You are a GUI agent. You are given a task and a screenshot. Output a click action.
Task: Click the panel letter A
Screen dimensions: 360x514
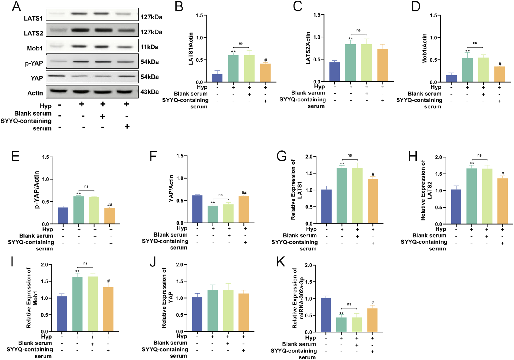coord(16,6)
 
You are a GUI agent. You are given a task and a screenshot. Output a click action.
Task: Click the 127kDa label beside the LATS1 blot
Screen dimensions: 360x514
coord(151,17)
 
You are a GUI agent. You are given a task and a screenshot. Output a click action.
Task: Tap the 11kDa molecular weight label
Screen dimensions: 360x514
coord(149,47)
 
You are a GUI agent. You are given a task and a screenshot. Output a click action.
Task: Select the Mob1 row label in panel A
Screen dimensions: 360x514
coord(35,48)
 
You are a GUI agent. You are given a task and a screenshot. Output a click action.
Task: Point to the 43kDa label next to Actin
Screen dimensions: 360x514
coord(149,92)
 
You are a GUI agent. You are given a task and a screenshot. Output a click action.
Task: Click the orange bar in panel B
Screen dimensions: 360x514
coord(265,73)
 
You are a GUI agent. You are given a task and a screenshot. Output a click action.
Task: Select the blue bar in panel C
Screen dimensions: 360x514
coord(335,72)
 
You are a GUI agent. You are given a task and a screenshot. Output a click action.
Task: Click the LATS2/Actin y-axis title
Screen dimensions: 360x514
coord(308,48)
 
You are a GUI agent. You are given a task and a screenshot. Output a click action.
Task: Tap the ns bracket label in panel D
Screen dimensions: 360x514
coord(475,43)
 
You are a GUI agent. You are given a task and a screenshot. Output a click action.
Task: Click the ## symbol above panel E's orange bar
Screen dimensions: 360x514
coord(110,205)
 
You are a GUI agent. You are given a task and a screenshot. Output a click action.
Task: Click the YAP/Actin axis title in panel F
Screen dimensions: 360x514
coord(171,188)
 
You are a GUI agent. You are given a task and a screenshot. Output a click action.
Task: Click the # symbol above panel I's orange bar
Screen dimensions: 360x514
coord(108,281)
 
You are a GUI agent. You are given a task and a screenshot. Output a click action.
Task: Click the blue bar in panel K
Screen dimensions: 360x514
coord(326,315)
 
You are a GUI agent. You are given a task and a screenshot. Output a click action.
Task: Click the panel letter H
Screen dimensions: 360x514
coord(412,157)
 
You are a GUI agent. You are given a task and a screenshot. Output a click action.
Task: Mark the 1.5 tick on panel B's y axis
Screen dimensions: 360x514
coord(199,15)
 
